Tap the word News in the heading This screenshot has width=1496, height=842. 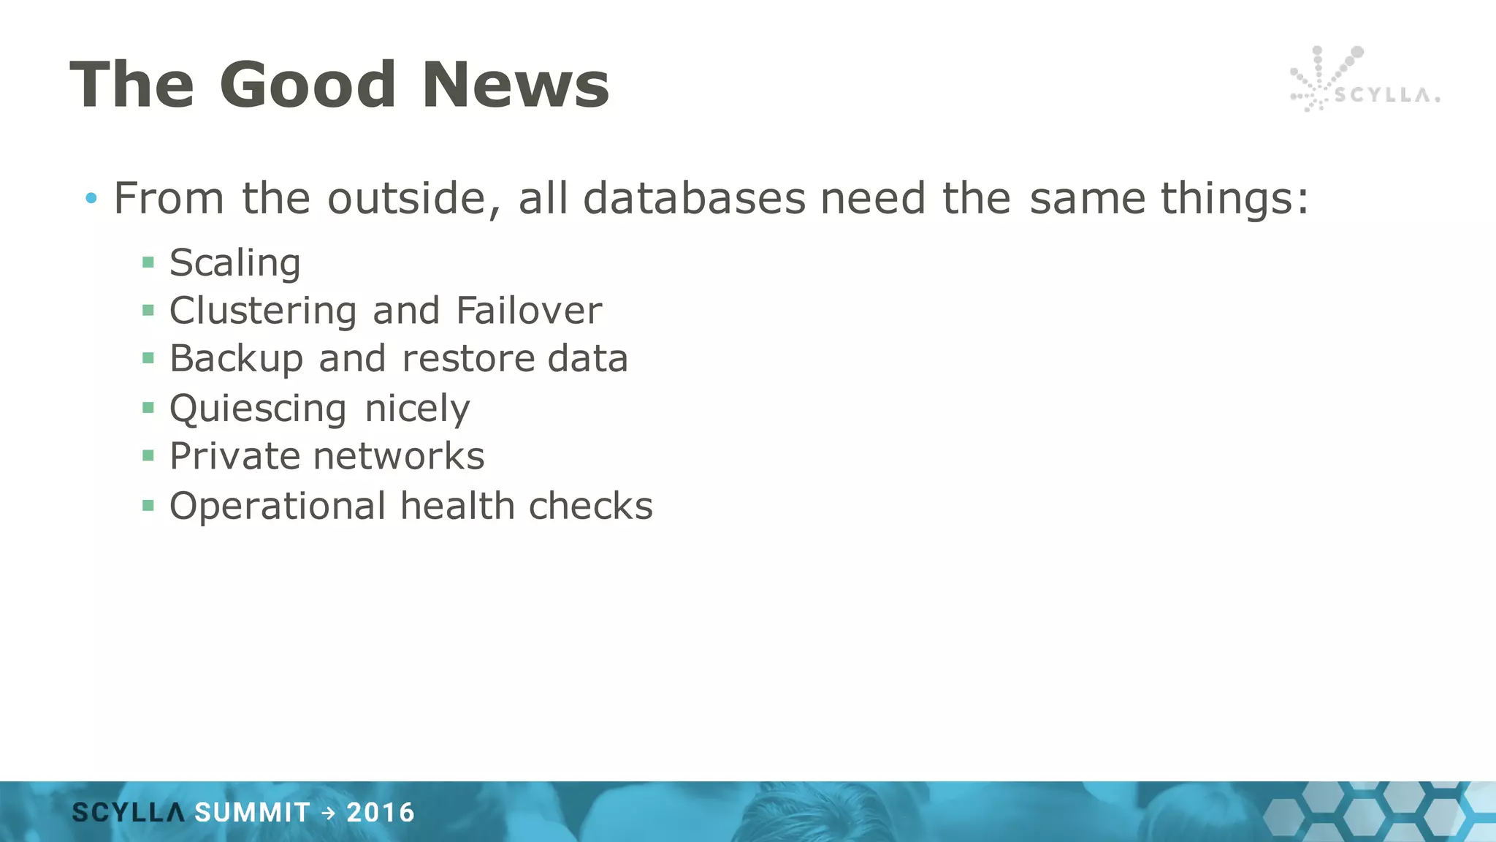(x=515, y=85)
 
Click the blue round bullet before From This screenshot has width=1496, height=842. (x=91, y=197)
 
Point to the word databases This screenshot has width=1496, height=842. (x=694, y=198)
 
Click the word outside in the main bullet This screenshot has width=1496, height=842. (x=413, y=198)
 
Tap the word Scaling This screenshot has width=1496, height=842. (x=234, y=262)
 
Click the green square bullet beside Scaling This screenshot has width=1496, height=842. (x=148, y=262)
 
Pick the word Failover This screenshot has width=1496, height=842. (x=529, y=311)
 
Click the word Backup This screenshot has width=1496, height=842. (x=236, y=359)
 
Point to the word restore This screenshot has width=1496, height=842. (x=468, y=359)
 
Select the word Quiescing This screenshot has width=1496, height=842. (x=257, y=408)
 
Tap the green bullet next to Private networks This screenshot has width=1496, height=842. (x=148, y=456)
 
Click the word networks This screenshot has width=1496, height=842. (x=398, y=457)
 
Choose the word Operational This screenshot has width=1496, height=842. (x=278, y=506)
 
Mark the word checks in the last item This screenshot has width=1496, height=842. (x=590, y=506)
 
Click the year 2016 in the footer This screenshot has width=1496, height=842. (x=381, y=813)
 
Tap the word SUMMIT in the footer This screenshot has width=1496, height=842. (x=252, y=813)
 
